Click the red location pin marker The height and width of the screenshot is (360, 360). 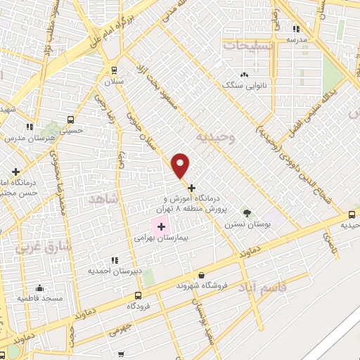coord(181,165)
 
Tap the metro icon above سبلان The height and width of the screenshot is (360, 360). coord(114,70)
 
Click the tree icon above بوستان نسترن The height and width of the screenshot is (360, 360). coord(247,212)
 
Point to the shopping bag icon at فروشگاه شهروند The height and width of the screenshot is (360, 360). coord(202,275)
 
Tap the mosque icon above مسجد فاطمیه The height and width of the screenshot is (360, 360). coord(39,288)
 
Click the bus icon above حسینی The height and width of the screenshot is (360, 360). coord(70,119)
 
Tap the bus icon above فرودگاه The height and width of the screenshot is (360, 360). coord(138,295)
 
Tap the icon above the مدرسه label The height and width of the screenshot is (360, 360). coord(296,29)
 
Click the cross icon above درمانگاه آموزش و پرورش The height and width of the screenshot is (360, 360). coord(191,188)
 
